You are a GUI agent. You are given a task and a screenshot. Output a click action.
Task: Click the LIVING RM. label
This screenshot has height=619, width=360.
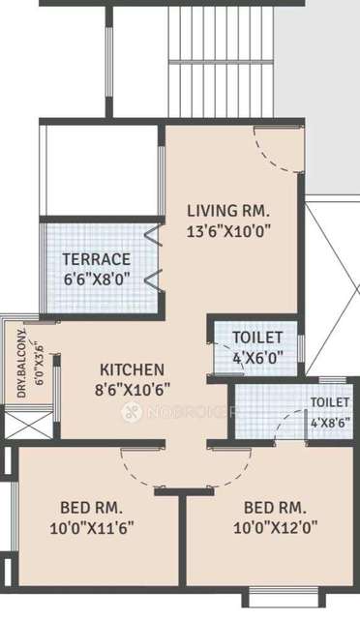227,211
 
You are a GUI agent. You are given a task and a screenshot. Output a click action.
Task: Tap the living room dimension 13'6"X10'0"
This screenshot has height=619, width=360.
227,230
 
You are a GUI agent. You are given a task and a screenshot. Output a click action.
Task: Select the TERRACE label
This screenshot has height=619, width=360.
96,259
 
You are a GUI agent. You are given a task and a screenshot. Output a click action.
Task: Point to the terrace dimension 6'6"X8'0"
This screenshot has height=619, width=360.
96,279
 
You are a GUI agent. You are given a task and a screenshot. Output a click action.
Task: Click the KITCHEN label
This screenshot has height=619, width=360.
133,369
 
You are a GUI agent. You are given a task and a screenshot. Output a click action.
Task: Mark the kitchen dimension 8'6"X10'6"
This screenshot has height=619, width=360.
133,389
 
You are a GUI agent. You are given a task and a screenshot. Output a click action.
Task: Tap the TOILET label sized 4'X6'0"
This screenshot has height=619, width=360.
257,337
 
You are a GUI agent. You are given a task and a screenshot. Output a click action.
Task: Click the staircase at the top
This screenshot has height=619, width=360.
223,58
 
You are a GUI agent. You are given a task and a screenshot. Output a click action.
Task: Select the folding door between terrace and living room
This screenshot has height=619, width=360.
153,256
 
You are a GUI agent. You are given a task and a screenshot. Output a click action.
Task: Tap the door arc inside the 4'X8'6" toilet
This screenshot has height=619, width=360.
283,426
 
